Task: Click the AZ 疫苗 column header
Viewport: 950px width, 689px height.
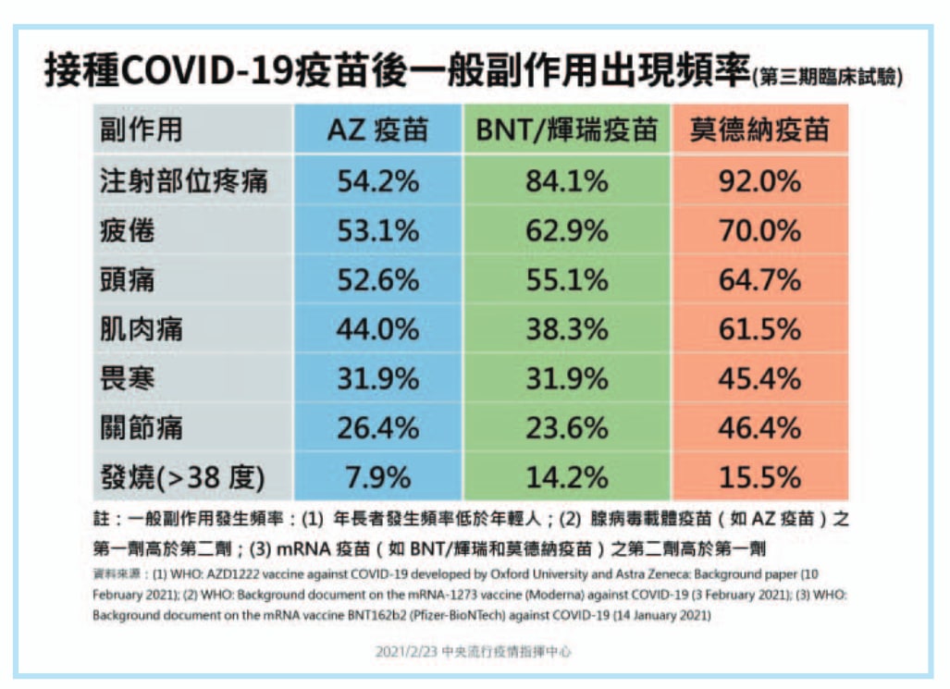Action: [378, 129]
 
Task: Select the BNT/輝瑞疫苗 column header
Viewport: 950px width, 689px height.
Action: [566, 129]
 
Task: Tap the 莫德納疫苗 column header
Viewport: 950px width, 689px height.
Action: [759, 129]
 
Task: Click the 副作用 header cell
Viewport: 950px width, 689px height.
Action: [142, 129]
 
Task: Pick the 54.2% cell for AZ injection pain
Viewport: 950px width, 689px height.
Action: [378, 180]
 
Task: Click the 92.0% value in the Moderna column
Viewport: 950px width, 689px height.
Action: [759, 180]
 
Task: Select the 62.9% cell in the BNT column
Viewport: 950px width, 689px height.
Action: [566, 230]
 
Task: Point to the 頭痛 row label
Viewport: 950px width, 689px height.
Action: [128, 280]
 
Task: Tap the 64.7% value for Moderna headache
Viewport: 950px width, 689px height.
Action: [759, 280]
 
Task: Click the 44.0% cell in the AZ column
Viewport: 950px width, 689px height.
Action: [378, 329]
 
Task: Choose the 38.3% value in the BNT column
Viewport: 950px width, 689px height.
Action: [566, 329]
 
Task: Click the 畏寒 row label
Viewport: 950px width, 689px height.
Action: [128, 379]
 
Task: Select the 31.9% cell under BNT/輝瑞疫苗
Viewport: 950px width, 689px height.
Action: [566, 379]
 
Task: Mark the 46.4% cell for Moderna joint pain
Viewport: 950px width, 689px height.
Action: [759, 428]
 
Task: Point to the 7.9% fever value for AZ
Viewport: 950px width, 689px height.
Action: [378, 477]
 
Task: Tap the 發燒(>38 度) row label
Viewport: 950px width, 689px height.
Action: [182, 477]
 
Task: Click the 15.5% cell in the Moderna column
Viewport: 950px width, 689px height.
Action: [759, 477]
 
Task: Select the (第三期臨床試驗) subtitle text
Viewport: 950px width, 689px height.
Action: [828, 77]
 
